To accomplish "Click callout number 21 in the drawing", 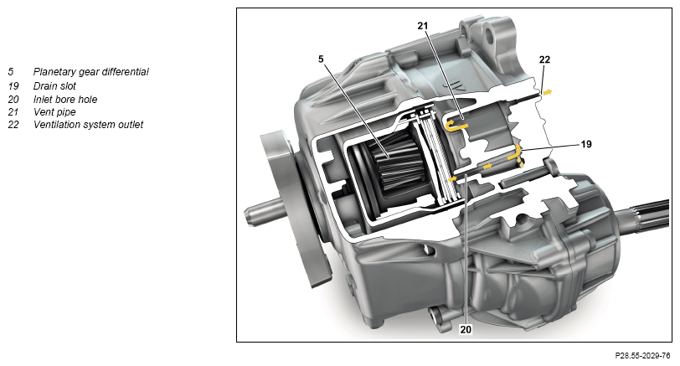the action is click(x=422, y=26).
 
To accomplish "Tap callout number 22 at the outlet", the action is click(x=544, y=59).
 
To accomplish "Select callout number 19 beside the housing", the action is click(x=586, y=144).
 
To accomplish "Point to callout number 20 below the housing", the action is click(x=466, y=330).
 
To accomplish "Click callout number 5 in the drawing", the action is click(x=321, y=59).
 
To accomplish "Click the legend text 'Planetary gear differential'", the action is click(x=91, y=72).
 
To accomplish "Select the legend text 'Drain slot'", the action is click(x=54, y=86).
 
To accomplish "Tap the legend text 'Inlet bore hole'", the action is click(x=65, y=100).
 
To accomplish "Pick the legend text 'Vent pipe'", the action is click(x=54, y=112).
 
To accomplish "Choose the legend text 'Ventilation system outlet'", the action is click(x=89, y=125).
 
